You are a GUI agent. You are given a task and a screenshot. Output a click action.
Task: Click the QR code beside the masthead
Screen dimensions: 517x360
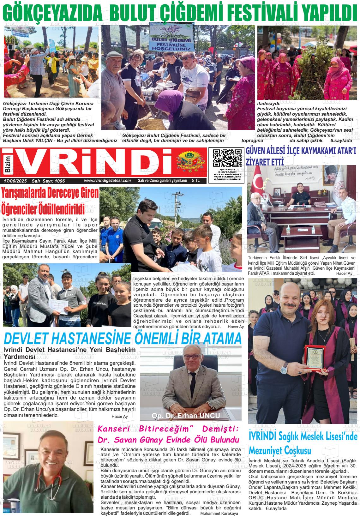tap(227, 158)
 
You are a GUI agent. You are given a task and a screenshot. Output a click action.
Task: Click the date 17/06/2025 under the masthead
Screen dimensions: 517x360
tap(15, 181)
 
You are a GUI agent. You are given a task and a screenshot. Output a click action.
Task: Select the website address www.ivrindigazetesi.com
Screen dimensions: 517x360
tap(107, 181)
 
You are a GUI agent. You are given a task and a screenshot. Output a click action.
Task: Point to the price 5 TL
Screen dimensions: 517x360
tap(195, 181)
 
